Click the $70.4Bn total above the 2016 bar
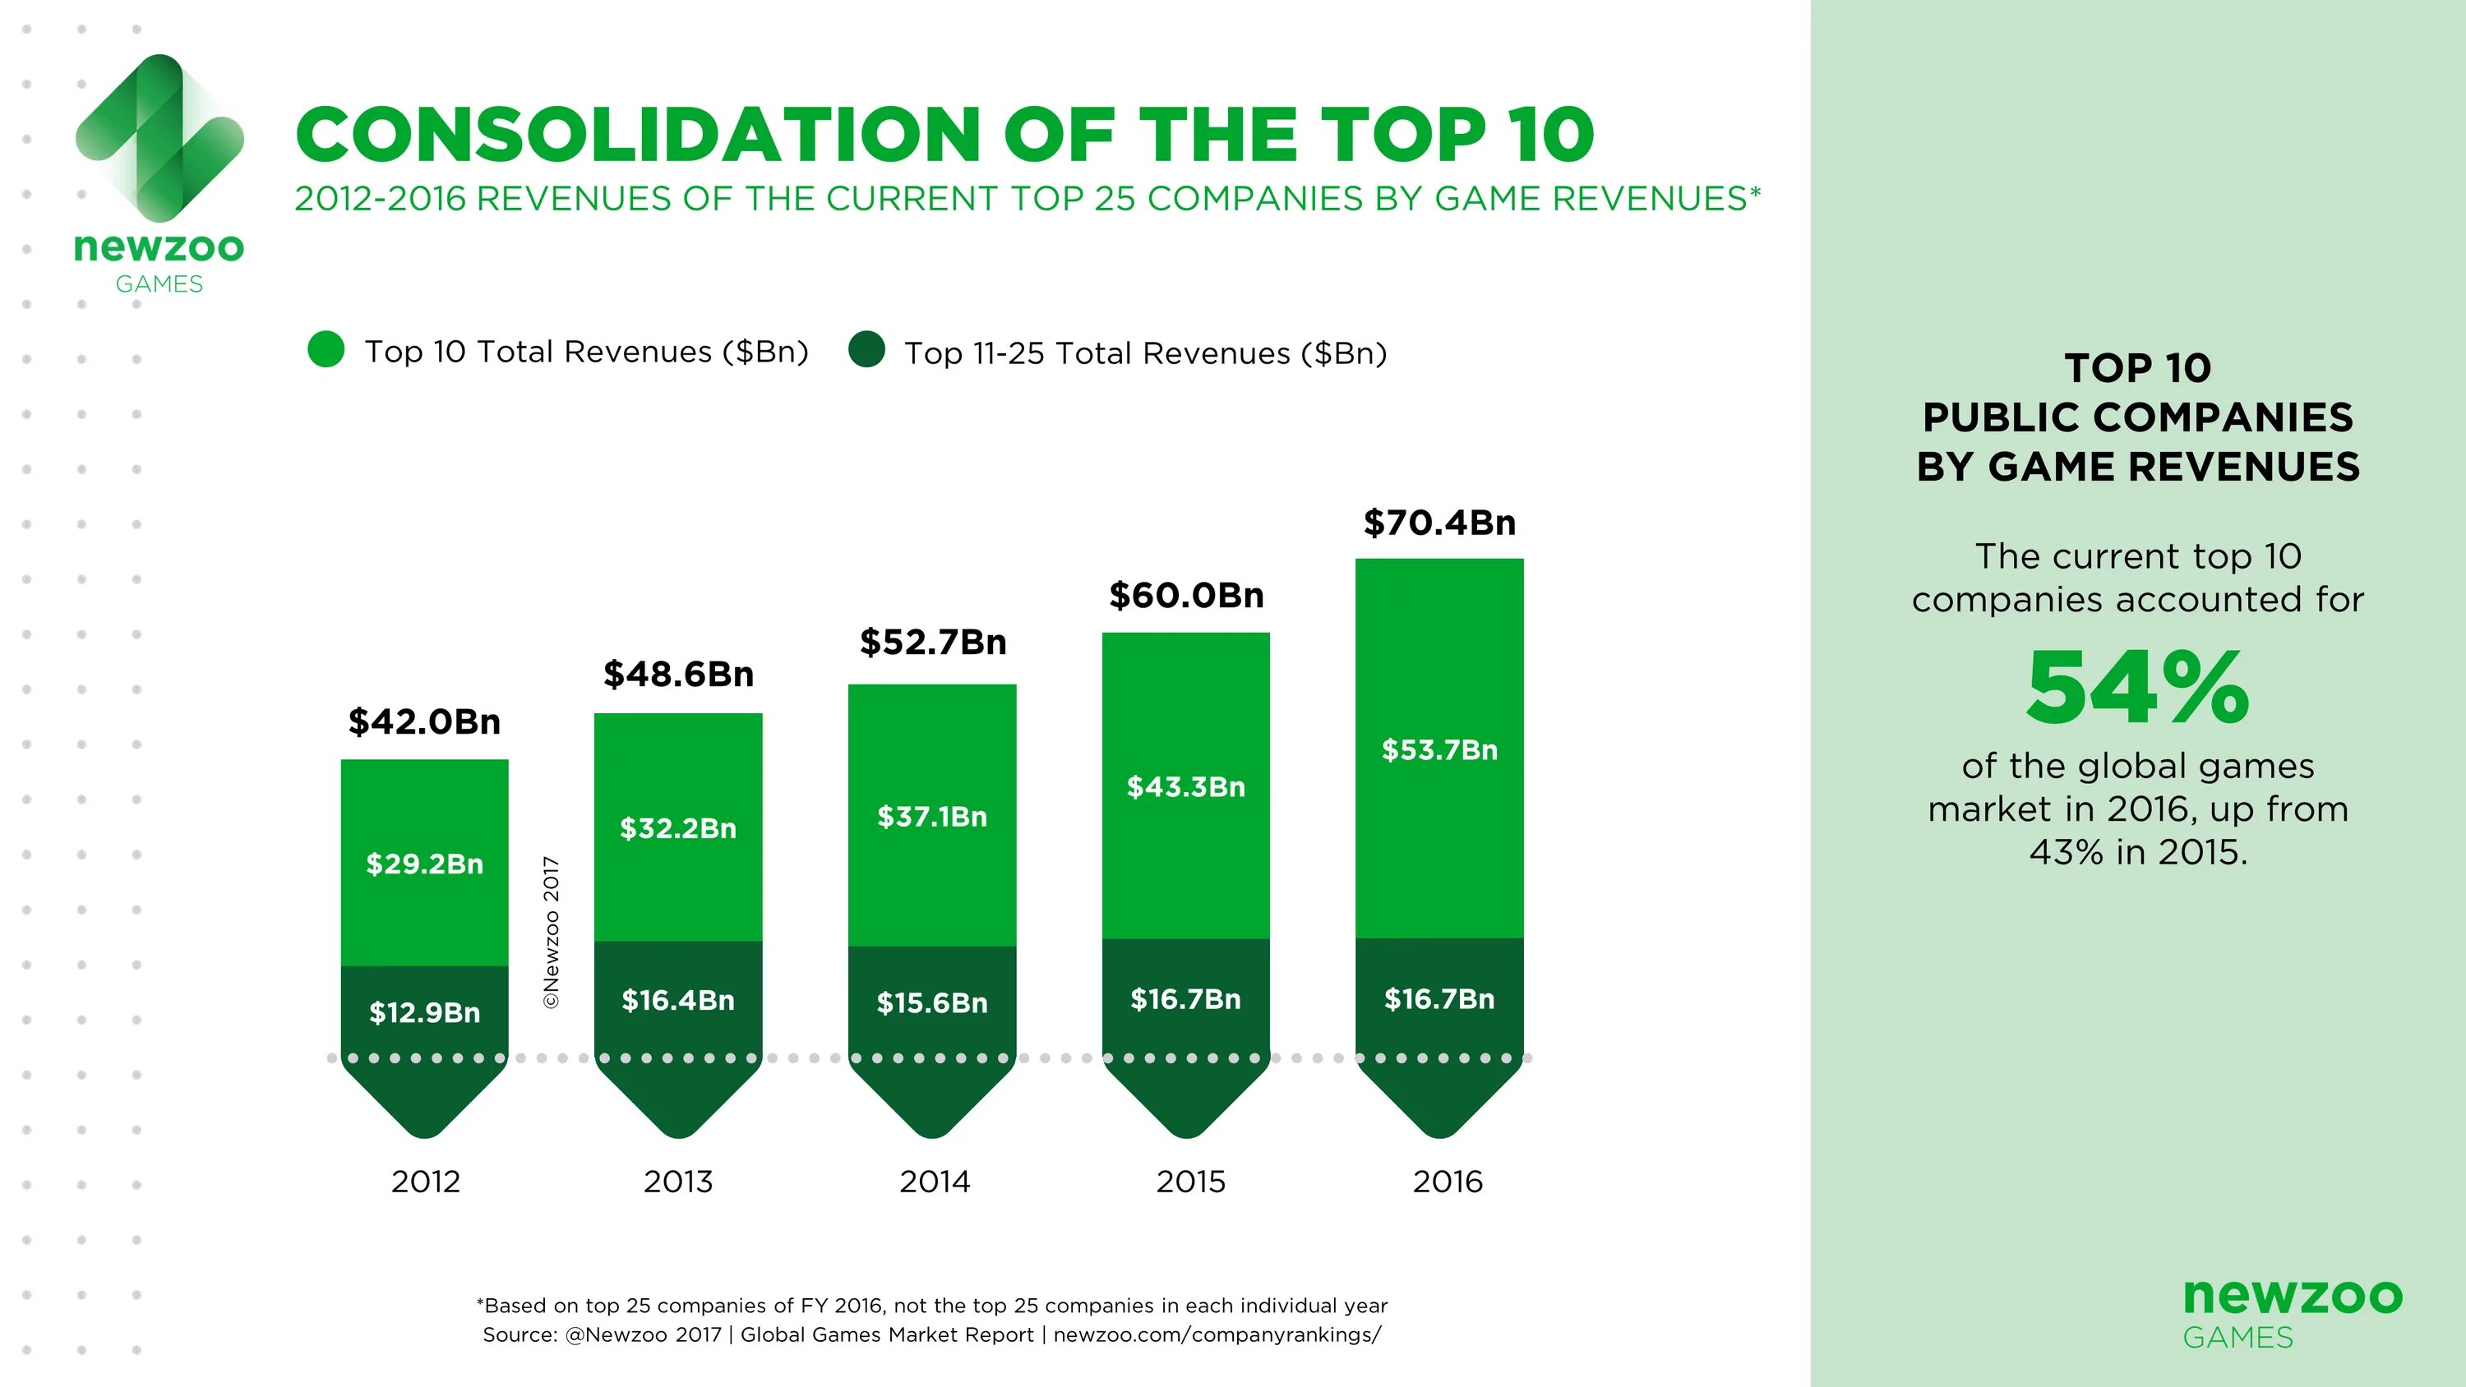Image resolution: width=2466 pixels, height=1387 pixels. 1438,523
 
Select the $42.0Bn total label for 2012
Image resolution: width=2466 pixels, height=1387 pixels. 424,721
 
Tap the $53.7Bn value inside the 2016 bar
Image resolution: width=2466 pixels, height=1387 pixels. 1438,749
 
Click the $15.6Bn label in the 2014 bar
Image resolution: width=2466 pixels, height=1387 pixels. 931,1002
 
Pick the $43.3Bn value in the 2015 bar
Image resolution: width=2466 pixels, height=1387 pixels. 1185,787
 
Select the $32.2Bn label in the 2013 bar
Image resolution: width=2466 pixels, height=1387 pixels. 678,828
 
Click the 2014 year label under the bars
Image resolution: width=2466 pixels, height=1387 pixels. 935,1182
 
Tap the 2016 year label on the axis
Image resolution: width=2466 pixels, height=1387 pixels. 1448,1182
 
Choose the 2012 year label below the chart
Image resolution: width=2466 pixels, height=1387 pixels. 425,1182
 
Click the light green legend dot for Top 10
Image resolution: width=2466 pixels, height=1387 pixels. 326,349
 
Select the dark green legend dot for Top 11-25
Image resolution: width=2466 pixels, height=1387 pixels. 866,349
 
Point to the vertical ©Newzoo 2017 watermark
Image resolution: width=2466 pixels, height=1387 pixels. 552,931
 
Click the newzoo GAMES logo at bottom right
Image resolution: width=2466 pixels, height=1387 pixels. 2292,1312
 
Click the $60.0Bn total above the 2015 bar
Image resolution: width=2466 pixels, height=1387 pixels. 1186,596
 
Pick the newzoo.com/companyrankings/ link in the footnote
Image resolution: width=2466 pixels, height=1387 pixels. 1217,1334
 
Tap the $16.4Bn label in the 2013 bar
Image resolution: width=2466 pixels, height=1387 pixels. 678,1000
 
